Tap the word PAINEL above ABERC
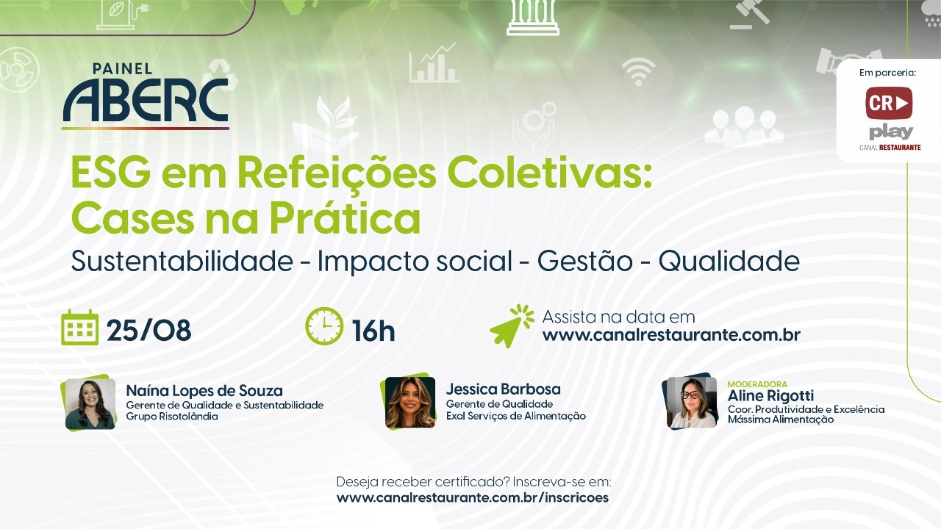pyautogui.click(x=122, y=69)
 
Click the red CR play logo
pyautogui.click(x=889, y=103)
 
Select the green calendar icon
pyautogui.click(x=80, y=328)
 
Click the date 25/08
pyautogui.click(x=149, y=330)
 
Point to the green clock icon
pyautogui.click(x=324, y=326)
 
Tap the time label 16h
pyautogui.click(x=373, y=331)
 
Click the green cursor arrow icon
pyautogui.click(x=512, y=326)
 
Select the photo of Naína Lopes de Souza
pyautogui.click(x=90, y=403)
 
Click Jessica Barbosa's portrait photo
pyautogui.click(x=410, y=402)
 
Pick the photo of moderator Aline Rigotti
pyautogui.click(x=692, y=402)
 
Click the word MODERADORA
pyautogui.click(x=757, y=384)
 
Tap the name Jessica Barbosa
pyautogui.click(x=504, y=389)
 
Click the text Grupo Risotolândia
pyautogui.click(x=172, y=417)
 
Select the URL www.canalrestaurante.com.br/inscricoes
pyautogui.click(x=473, y=498)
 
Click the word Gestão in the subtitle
pyautogui.click(x=584, y=261)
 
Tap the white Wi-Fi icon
pyautogui.click(x=639, y=71)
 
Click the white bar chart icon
pyautogui.click(x=434, y=62)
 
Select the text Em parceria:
pyautogui.click(x=887, y=73)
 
